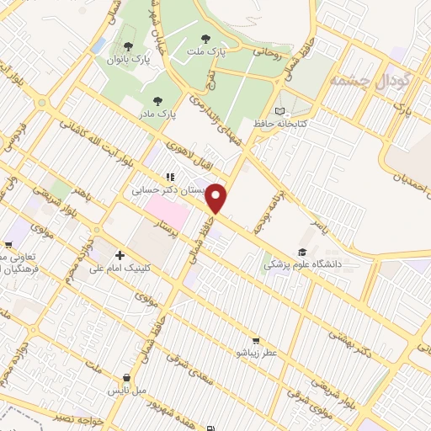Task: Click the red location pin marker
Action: (217, 199)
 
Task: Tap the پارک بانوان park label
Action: (127, 60)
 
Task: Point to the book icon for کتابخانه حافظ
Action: (280, 110)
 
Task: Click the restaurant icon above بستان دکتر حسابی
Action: (170, 177)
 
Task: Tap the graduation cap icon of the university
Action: (301, 252)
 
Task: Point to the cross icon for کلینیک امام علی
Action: (120, 255)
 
